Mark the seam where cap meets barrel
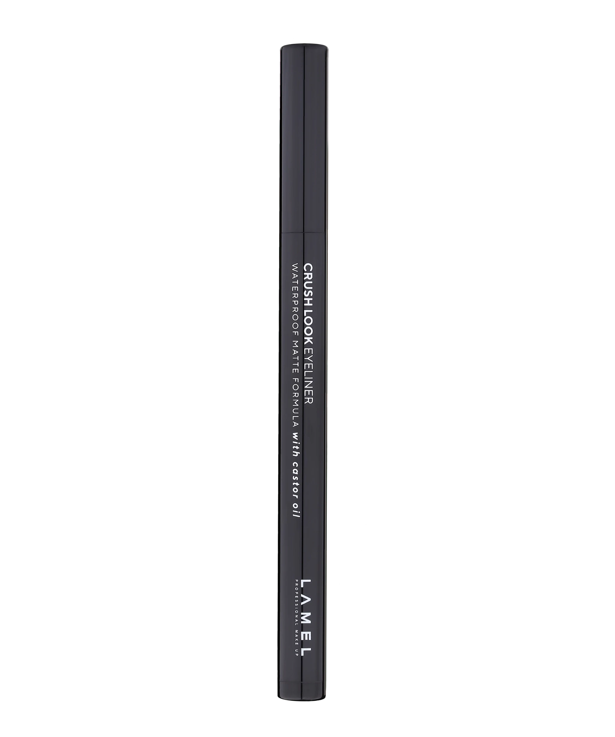(x=304, y=232)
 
